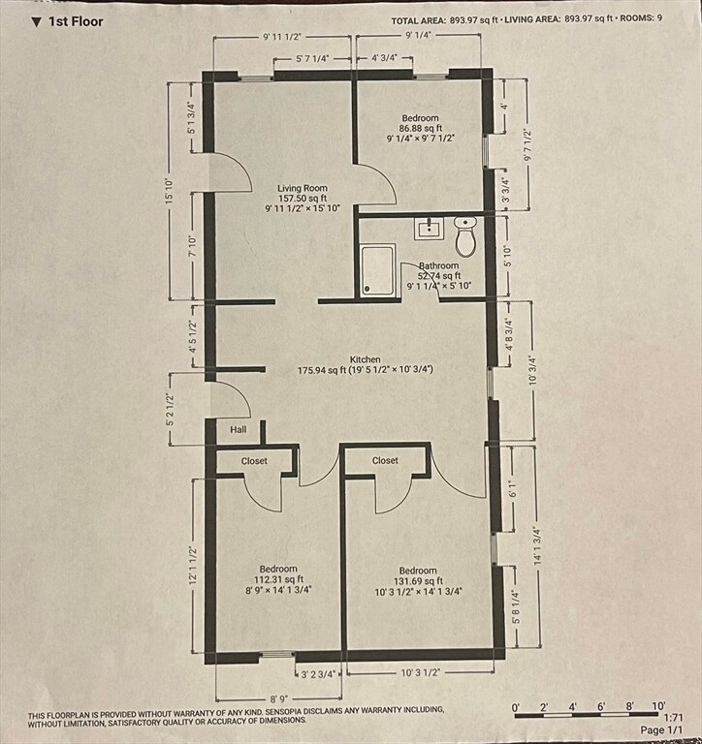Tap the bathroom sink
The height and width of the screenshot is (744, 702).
click(429, 229)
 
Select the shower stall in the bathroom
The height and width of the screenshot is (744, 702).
click(377, 270)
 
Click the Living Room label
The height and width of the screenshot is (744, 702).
click(303, 188)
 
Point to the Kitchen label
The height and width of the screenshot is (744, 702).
click(366, 359)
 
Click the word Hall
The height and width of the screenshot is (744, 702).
click(239, 429)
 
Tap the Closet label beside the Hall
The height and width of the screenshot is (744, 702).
click(254, 461)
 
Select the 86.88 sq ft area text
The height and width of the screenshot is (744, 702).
click(421, 128)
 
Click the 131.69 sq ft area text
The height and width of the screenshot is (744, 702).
click(418, 581)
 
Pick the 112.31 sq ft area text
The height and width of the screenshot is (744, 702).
click(278, 579)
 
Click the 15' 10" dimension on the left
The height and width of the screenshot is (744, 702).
click(170, 192)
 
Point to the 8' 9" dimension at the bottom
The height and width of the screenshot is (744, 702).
click(279, 698)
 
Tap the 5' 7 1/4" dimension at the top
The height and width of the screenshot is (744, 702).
click(312, 59)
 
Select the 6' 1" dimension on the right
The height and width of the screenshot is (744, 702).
click(513, 488)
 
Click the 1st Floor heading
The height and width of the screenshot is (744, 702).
click(76, 22)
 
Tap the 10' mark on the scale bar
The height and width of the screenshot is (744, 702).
click(657, 706)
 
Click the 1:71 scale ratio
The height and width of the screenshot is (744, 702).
click(673, 718)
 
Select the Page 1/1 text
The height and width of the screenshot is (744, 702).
click(661, 729)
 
